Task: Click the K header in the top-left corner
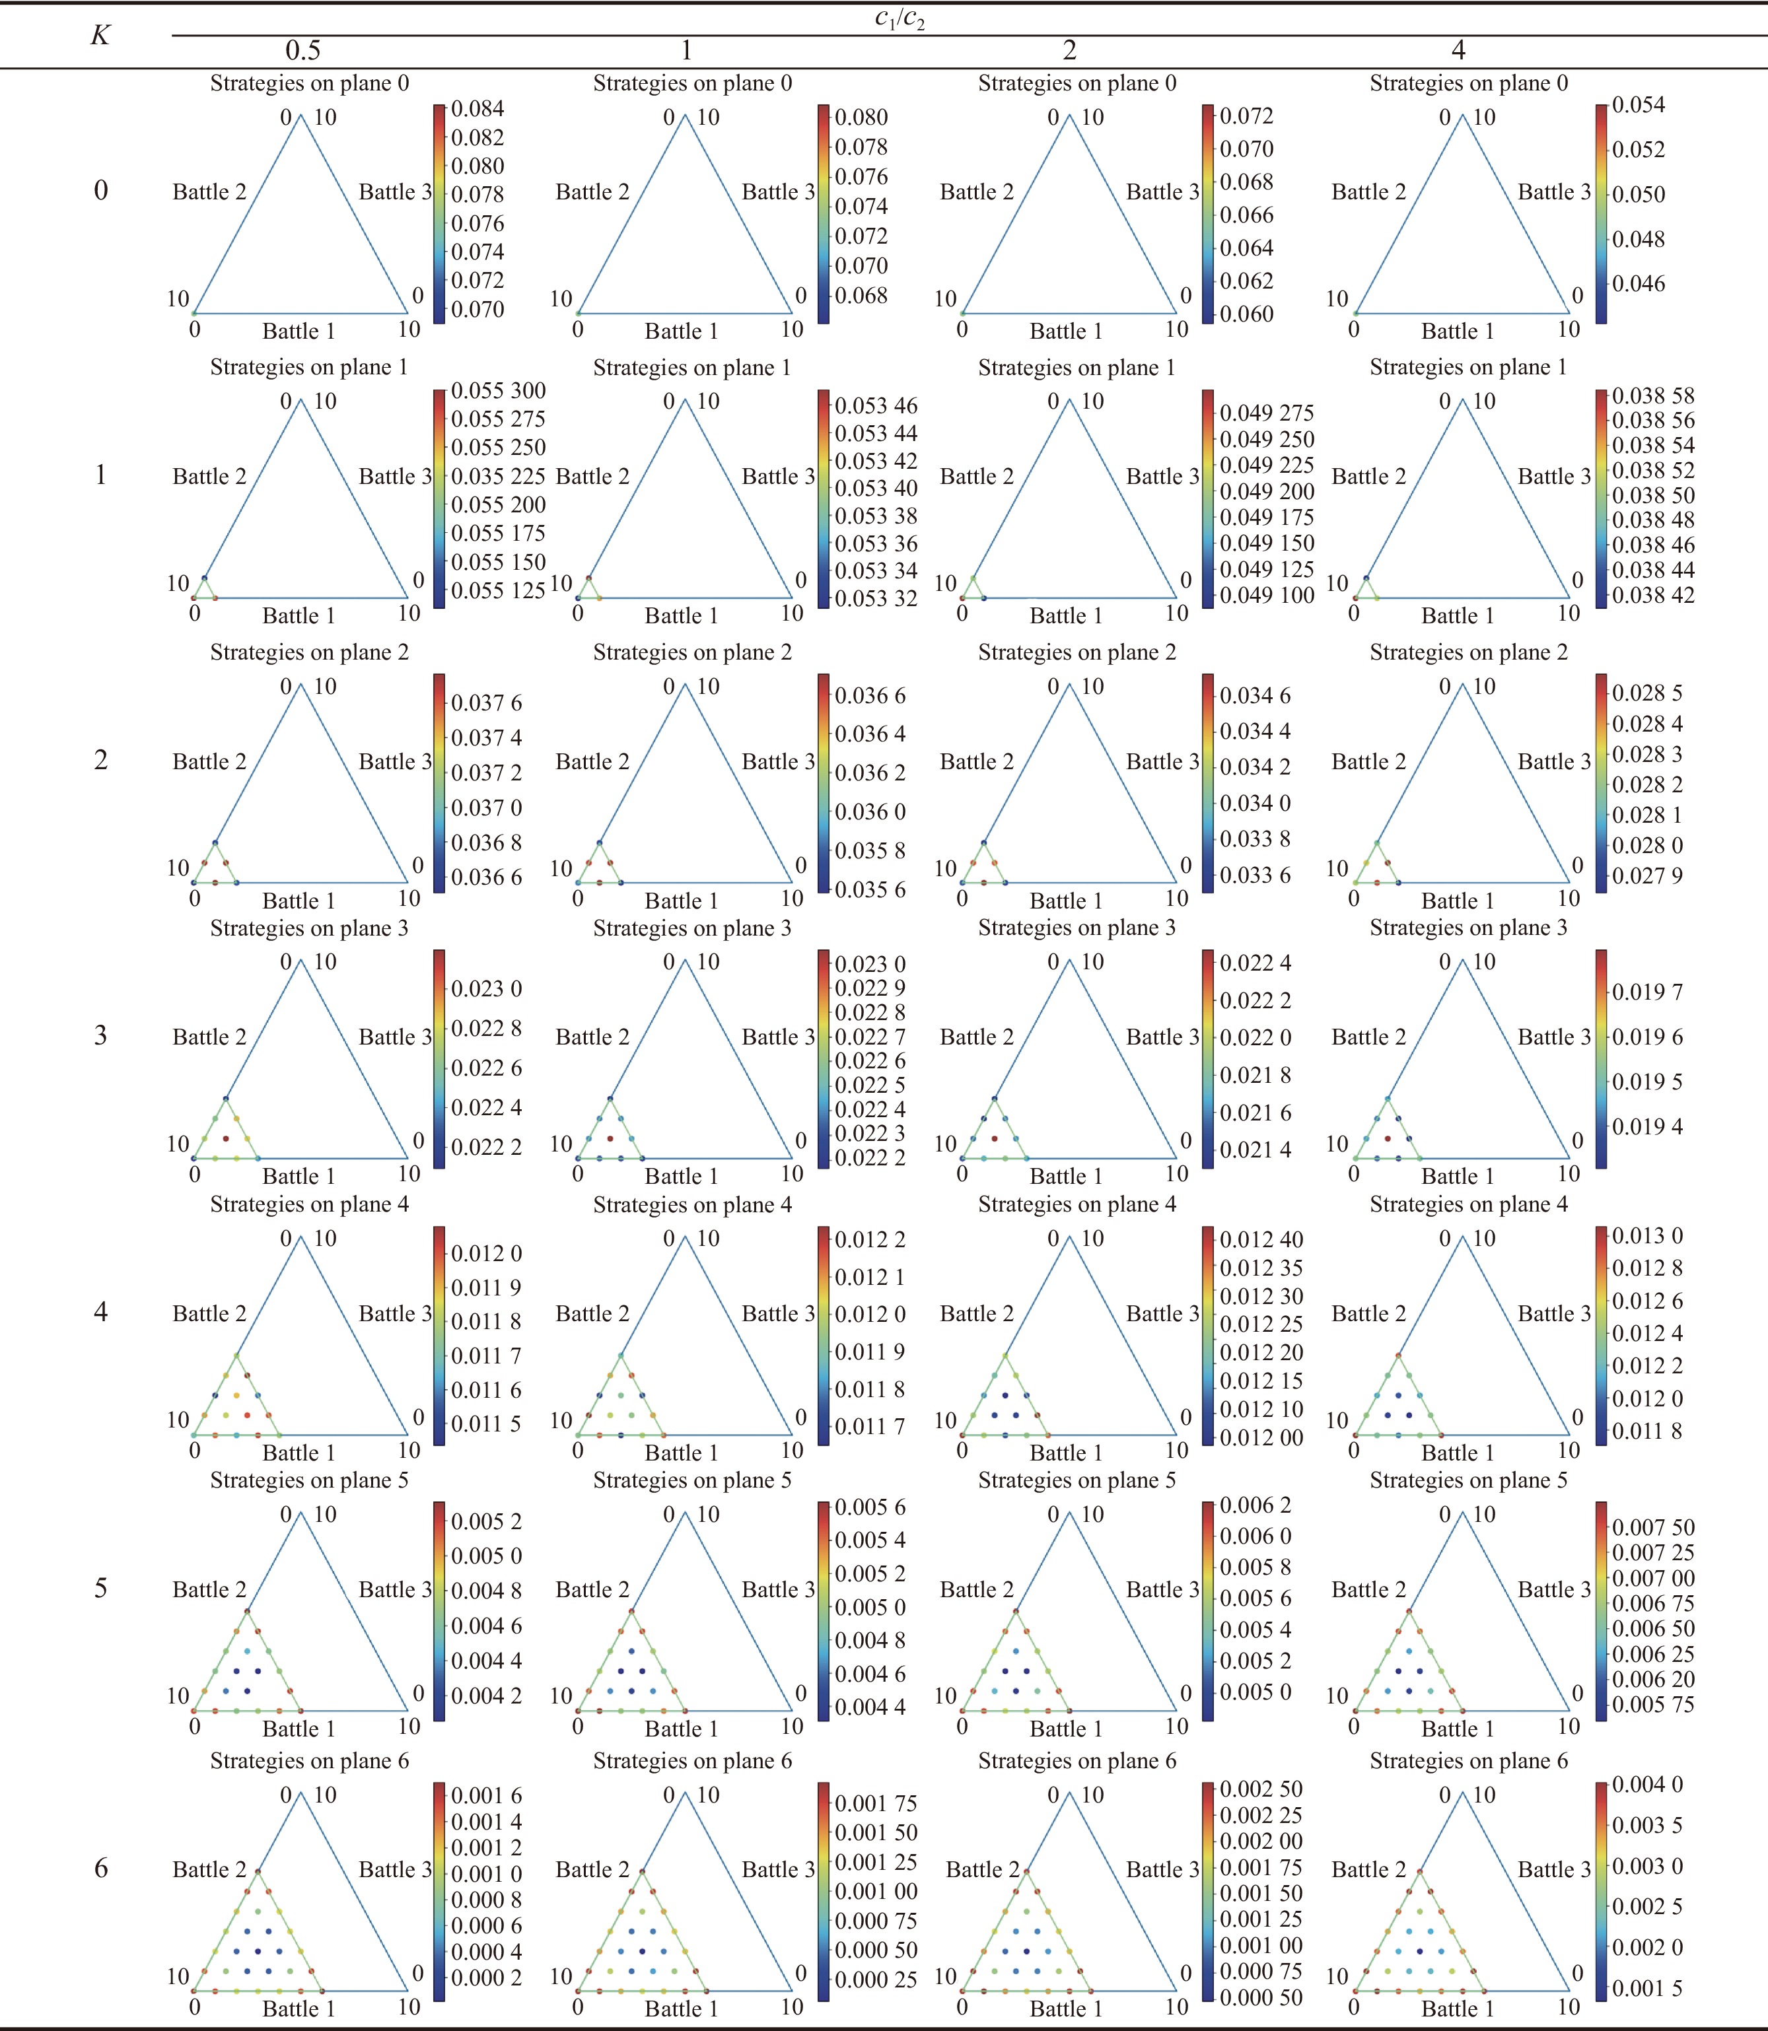pyautogui.click(x=100, y=36)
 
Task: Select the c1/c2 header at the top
pyautogui.click(x=900, y=18)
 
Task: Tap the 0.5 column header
pyautogui.click(x=303, y=50)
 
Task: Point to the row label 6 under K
pyautogui.click(x=100, y=1867)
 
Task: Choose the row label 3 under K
pyautogui.click(x=100, y=1035)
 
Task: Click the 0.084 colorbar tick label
pyautogui.click(x=477, y=108)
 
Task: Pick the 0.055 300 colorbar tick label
pyautogui.click(x=498, y=392)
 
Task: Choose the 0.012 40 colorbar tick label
pyautogui.click(x=1262, y=1240)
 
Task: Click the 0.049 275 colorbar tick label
pyautogui.click(x=1267, y=413)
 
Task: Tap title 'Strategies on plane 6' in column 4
pyautogui.click(x=1468, y=1761)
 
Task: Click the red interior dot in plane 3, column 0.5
pyautogui.click(x=226, y=1138)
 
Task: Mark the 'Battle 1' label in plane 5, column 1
pyautogui.click(x=682, y=1729)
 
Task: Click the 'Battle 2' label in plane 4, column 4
pyautogui.click(x=1368, y=1314)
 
